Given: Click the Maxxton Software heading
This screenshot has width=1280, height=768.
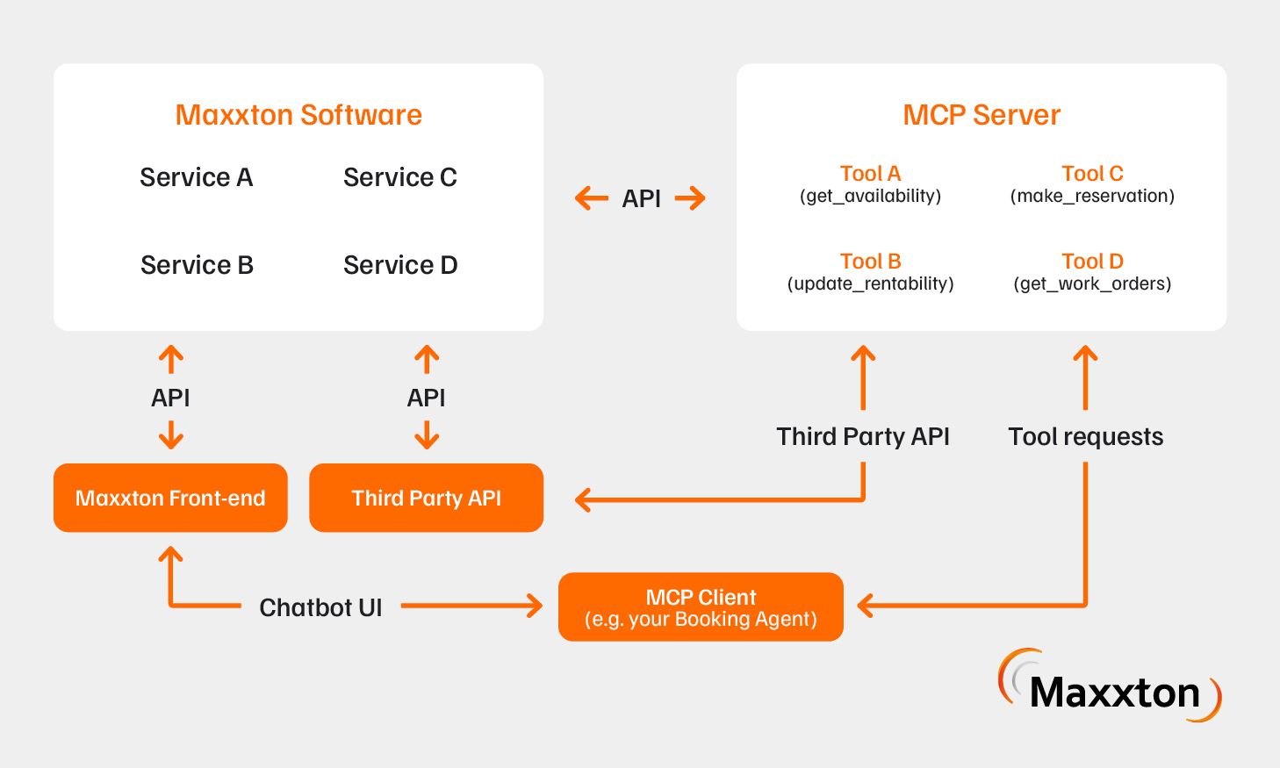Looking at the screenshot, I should pos(298,115).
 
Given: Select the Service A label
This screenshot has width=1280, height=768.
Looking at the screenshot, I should pos(196,177).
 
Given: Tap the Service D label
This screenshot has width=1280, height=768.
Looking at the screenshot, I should pos(400,265).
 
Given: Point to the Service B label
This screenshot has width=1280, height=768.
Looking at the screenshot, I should pos(197,265).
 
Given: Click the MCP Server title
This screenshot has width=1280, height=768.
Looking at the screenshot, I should pos(982,115).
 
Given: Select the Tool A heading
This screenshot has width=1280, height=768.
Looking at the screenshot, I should pos(870,174).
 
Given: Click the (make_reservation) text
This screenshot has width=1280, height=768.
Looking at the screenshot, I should pos(1092,196).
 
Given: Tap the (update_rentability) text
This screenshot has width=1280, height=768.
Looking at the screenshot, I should pos(870,284).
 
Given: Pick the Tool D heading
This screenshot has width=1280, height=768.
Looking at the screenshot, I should pos(1092,262).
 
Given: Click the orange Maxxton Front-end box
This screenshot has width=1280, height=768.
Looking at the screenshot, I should pos(170,498).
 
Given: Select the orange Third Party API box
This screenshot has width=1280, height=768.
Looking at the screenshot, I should pos(426,498).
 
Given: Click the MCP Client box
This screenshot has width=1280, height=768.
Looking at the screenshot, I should pos(701,607).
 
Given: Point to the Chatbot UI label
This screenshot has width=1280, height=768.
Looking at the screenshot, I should pos(320,607).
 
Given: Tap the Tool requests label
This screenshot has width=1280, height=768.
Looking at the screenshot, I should pos(1085,436).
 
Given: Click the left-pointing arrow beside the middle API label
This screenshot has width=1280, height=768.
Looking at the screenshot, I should pos(592,198).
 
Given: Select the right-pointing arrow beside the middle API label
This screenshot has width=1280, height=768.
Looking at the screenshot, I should pos(691,198).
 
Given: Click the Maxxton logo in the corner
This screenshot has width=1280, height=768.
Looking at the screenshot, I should pos(1110,687).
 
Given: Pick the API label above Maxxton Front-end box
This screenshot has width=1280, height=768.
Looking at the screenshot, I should pos(170,398).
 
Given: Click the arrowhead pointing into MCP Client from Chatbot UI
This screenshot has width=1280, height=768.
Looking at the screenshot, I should pos(535,606).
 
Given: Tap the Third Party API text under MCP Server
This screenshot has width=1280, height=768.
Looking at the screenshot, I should pos(863,436).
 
